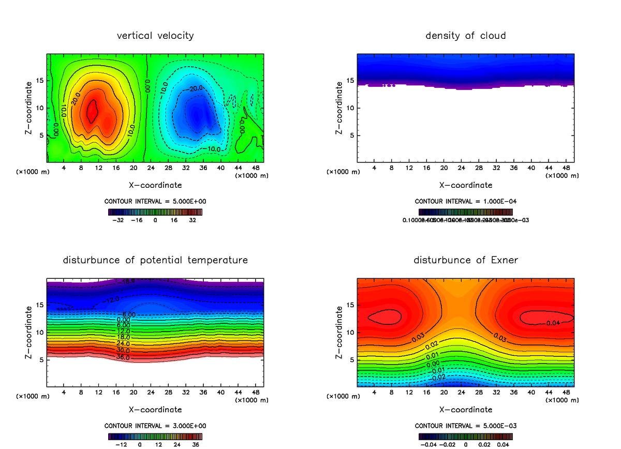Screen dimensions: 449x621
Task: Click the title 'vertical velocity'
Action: pyautogui.click(x=155, y=36)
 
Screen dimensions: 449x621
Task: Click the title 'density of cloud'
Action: pyautogui.click(x=465, y=36)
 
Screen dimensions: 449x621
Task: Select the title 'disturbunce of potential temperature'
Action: pyautogui.click(x=155, y=260)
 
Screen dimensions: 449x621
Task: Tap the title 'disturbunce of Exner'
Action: pyautogui.click(x=465, y=260)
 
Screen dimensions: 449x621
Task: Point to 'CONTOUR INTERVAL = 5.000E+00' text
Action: pyautogui.click(x=155, y=201)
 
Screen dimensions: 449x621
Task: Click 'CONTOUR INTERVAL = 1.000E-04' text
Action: pyautogui.click(x=465, y=201)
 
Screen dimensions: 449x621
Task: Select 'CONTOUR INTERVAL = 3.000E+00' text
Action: pyautogui.click(x=155, y=426)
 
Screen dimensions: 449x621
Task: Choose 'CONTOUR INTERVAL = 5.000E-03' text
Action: pyautogui.click(x=465, y=426)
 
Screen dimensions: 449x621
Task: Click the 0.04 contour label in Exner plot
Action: pyautogui.click(x=553, y=323)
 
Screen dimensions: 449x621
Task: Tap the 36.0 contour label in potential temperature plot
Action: pyautogui.click(x=123, y=357)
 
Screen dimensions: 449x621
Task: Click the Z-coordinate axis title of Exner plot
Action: pyautogui.click(x=339, y=332)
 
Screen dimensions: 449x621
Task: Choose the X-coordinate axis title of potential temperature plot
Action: pyautogui.click(x=155, y=409)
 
